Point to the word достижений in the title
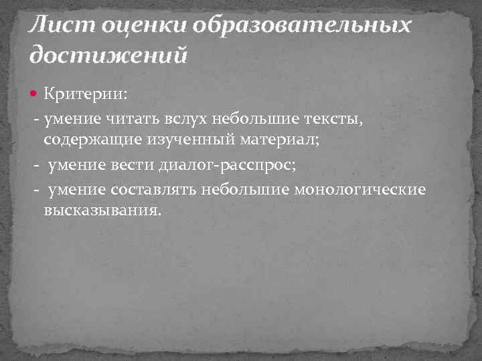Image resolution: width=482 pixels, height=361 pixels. (107, 53)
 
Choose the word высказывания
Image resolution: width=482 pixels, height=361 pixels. (103, 212)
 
